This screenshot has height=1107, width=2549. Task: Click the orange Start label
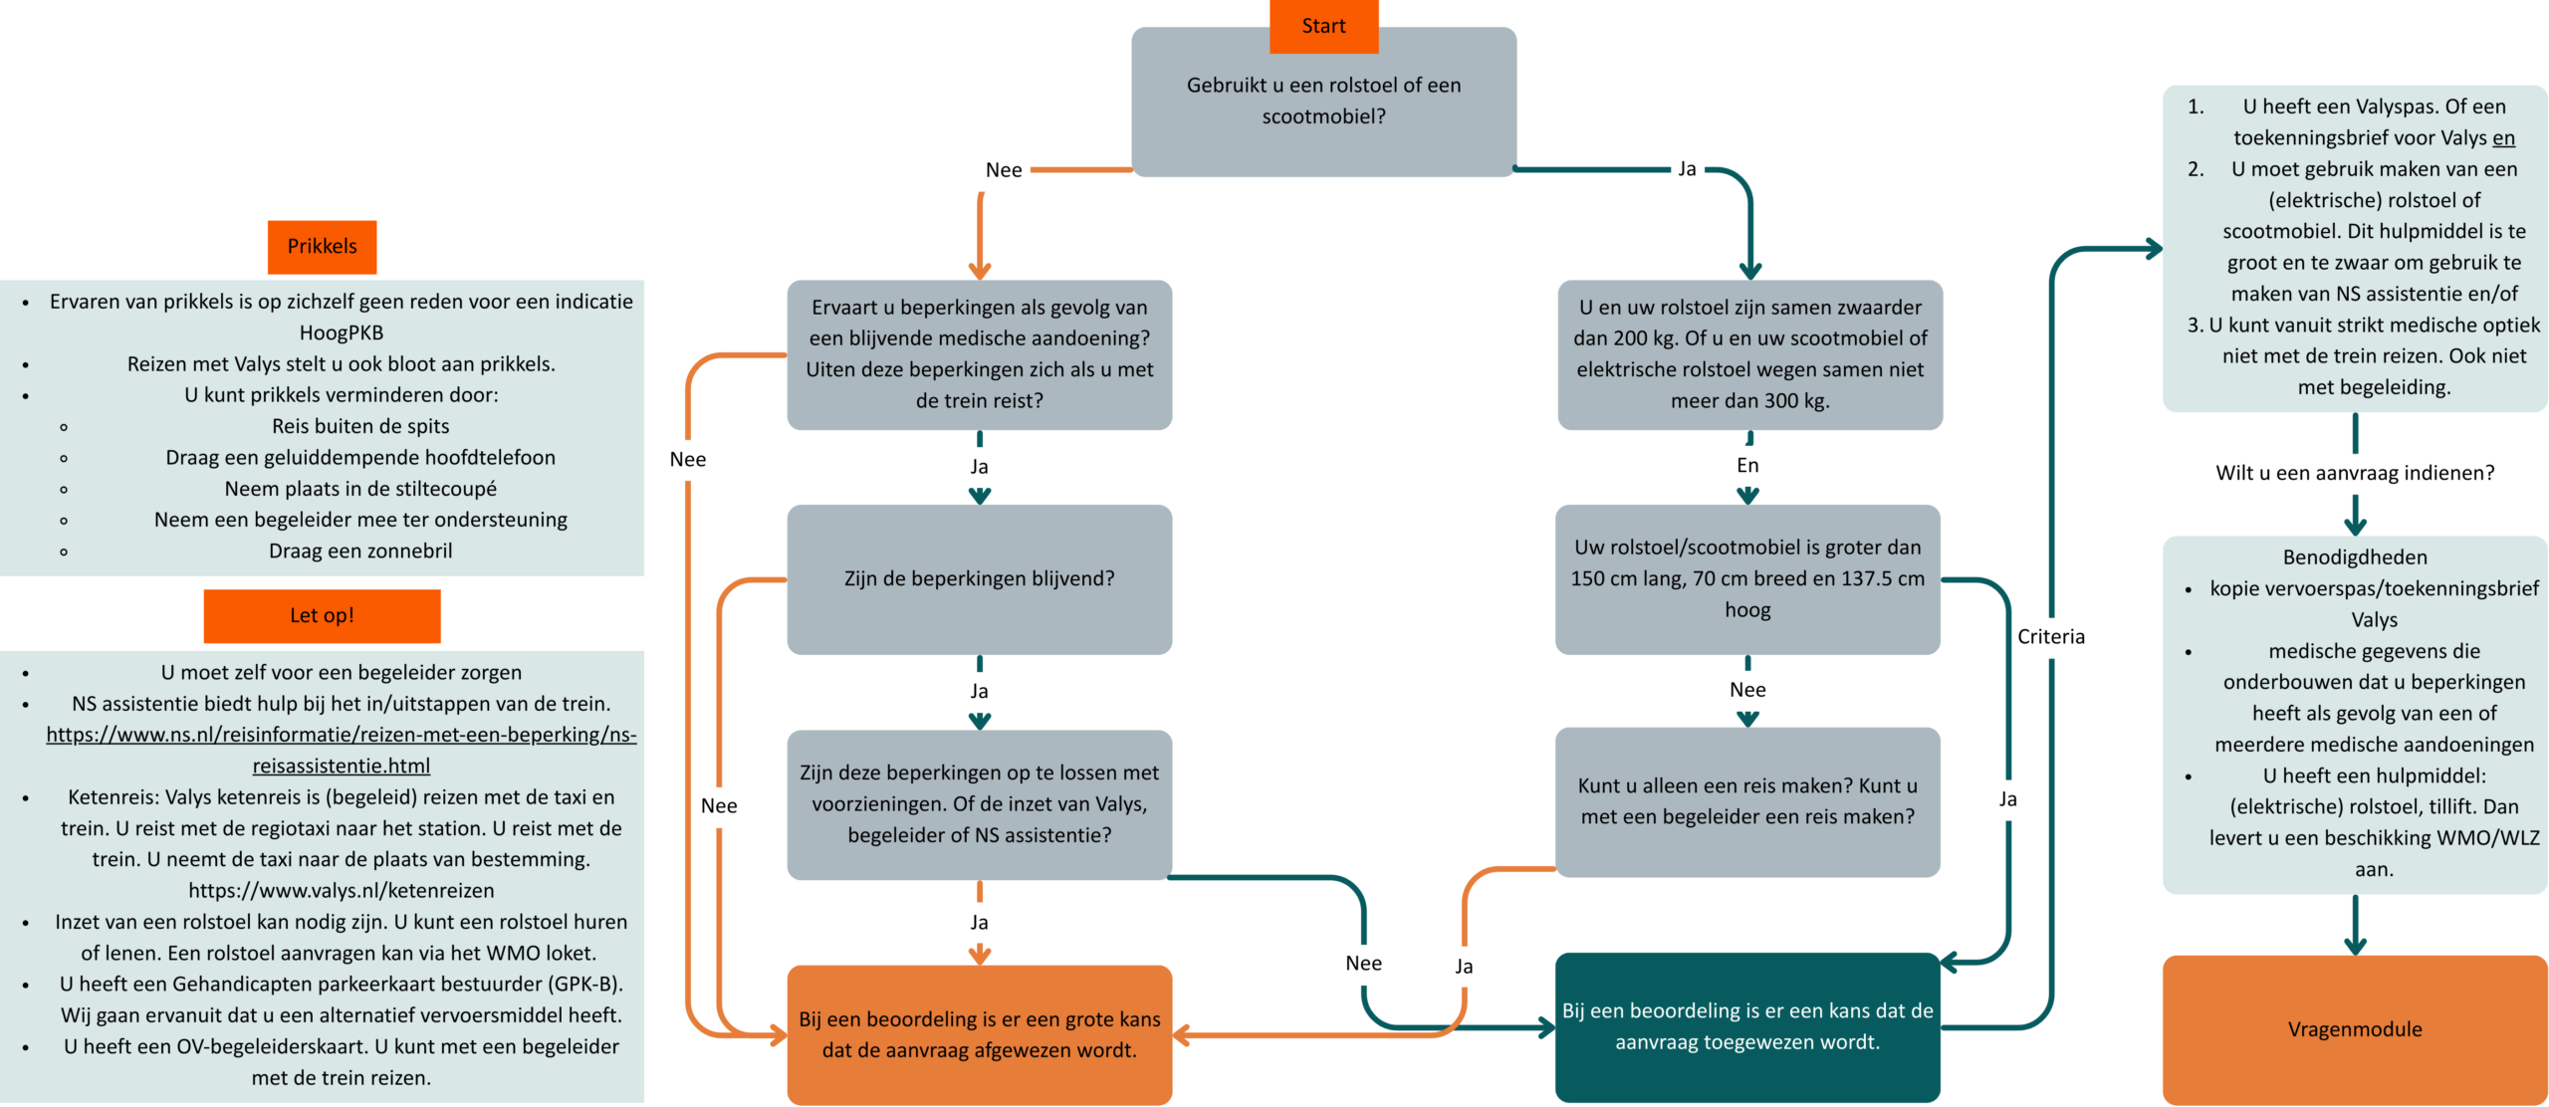(1322, 26)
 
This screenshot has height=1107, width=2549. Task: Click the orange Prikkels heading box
(322, 246)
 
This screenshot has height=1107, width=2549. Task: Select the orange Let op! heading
(322, 615)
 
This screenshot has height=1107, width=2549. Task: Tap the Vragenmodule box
(2354, 1028)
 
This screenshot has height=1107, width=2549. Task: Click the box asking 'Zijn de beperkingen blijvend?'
(979, 578)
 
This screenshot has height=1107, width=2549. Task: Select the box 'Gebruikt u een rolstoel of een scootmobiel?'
(1322, 101)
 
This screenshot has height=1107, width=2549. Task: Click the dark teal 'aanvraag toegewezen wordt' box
(1746, 1026)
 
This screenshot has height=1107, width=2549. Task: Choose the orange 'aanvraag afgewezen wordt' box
(979, 1034)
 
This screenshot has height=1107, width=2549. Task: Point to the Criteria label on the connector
(2050, 636)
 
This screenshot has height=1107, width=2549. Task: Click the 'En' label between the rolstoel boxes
(1747, 465)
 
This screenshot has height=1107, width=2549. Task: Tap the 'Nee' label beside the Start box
(1003, 170)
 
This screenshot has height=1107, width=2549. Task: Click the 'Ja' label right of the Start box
(1686, 169)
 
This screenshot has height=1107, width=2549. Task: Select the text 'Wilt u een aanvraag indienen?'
(2354, 473)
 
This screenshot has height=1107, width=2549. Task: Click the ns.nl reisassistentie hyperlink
(341, 750)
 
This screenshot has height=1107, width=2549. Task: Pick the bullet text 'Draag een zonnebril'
(360, 551)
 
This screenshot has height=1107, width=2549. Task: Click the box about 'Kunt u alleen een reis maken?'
(1746, 801)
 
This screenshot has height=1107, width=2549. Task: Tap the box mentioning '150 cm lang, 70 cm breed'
(1746, 578)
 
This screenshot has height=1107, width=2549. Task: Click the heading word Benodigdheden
(2354, 557)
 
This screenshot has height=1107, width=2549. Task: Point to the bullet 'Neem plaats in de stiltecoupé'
(360, 489)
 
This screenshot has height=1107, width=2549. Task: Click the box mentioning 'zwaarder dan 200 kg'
(1749, 354)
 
